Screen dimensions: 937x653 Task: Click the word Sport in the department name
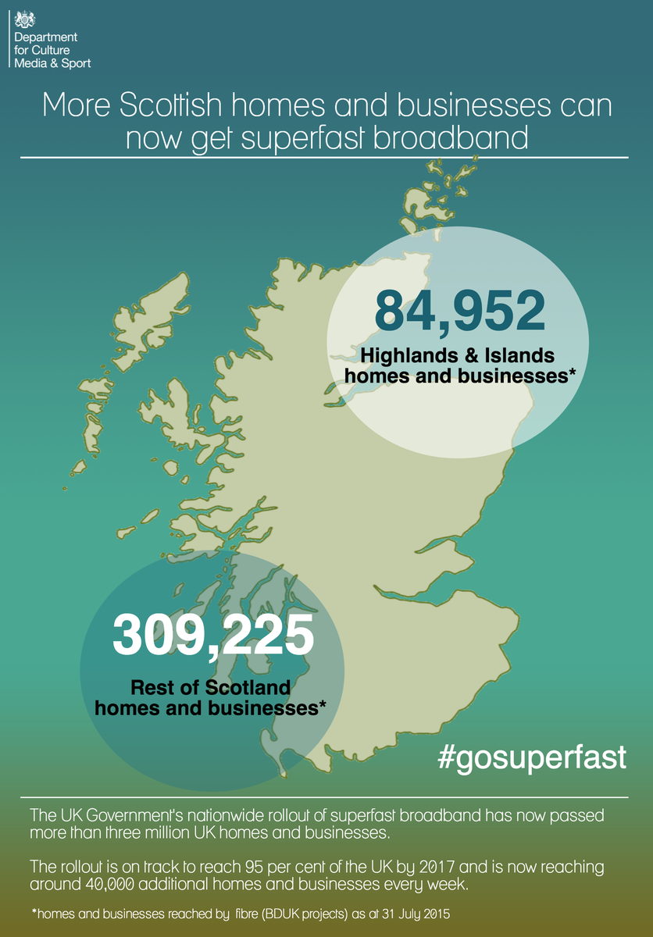tap(76, 63)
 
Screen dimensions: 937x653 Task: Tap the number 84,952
tap(459, 310)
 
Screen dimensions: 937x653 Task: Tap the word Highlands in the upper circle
tap(407, 356)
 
